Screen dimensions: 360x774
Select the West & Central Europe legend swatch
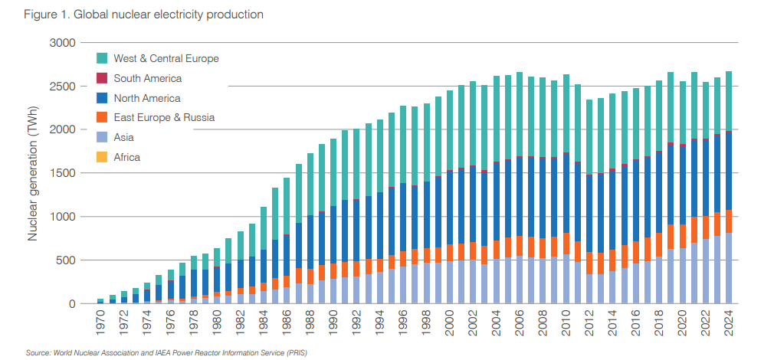102,58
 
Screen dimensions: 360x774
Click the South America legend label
147,78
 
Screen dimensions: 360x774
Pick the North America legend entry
146,98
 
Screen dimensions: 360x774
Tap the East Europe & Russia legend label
164,117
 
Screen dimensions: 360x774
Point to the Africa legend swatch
102,157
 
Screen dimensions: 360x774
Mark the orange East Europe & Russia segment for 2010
566,244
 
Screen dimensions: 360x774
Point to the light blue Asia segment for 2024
729,268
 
